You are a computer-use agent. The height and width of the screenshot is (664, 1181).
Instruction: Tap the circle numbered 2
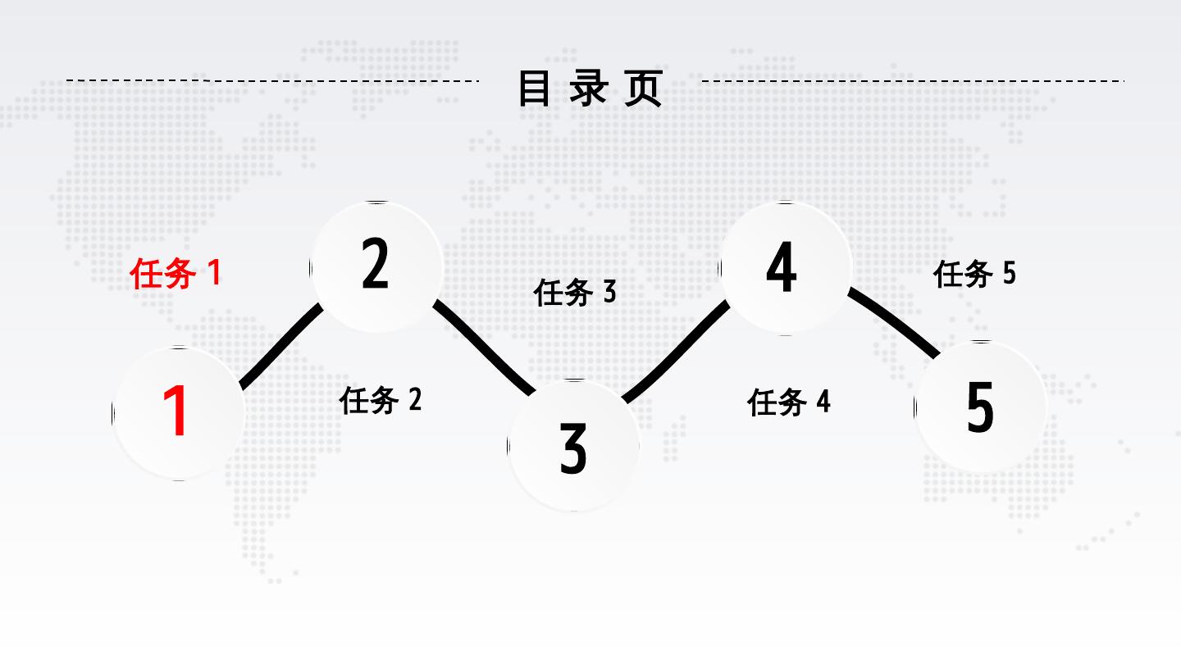tap(376, 266)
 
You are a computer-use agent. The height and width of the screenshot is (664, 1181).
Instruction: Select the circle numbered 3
tap(573, 446)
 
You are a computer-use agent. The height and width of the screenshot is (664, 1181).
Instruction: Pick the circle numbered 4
tap(784, 268)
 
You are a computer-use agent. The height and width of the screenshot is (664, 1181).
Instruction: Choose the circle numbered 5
tap(980, 407)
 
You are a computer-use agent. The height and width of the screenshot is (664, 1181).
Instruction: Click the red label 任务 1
tap(176, 273)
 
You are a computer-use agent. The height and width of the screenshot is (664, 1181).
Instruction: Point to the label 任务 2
tap(381, 400)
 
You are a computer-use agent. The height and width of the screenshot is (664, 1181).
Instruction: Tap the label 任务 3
tap(574, 291)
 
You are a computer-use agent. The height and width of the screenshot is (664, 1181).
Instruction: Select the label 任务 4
tap(788, 402)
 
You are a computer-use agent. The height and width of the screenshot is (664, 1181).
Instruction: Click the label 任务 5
tap(974, 273)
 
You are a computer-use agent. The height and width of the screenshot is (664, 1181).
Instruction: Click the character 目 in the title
tap(535, 89)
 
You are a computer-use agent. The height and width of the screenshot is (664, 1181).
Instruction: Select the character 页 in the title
tap(643, 89)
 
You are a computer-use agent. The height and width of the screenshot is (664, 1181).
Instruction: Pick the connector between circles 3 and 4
tap(677, 352)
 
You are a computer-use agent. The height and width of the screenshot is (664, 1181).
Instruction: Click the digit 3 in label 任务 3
tap(609, 291)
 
